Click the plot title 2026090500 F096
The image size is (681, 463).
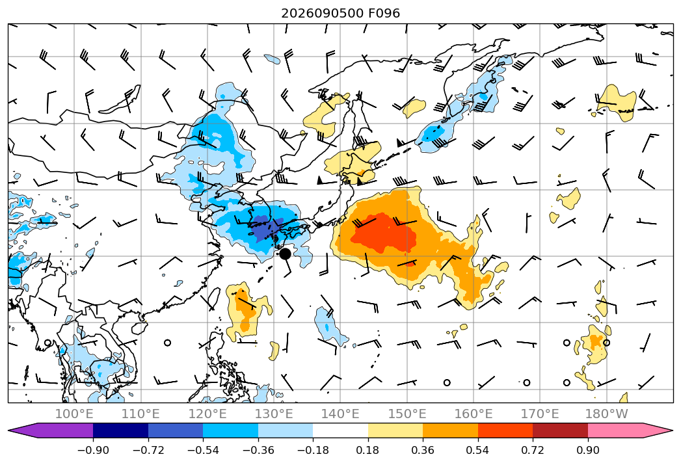[x=341, y=13]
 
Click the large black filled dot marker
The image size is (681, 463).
[x=285, y=254]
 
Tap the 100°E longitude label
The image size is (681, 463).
[x=74, y=414]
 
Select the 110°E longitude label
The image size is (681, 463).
[x=140, y=414]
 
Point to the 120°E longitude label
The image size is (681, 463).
[x=207, y=414]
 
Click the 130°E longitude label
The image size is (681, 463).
[x=274, y=414]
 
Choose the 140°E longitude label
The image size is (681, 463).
[x=340, y=414]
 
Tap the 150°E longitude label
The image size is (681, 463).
[x=407, y=414]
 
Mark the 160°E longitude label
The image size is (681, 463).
[x=474, y=414]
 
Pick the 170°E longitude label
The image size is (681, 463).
[x=540, y=414]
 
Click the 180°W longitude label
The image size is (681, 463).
[x=606, y=414]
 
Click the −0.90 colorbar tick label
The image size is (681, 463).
[x=93, y=450]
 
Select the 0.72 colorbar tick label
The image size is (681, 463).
[x=533, y=450]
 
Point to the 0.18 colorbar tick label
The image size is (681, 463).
[x=368, y=450]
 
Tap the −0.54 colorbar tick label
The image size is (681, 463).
[x=203, y=450]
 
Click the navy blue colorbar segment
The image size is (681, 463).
[x=120, y=430]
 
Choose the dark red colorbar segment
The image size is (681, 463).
[x=560, y=430]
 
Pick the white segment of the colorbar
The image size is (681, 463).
[x=341, y=430]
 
